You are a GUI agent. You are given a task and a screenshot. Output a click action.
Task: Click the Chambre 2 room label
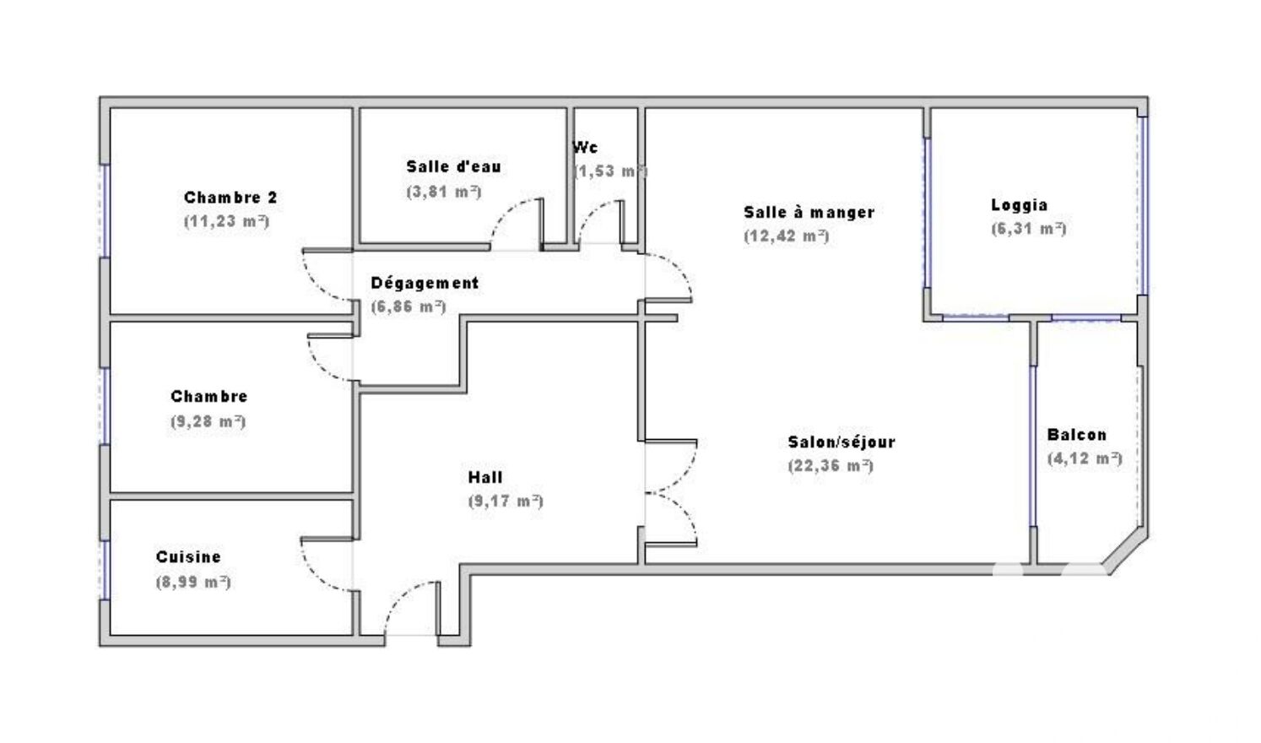point(230,198)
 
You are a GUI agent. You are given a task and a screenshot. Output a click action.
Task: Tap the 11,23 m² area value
point(226,221)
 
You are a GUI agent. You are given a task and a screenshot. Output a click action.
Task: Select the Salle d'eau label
point(453,166)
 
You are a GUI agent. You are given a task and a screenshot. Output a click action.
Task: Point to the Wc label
point(585,148)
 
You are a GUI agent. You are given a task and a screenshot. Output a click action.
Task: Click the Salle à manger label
point(809,213)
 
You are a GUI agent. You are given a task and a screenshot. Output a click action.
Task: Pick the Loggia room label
point(1019,205)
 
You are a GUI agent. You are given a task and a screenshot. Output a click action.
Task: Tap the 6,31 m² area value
point(1029,229)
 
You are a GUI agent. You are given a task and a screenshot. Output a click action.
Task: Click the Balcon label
point(1076,435)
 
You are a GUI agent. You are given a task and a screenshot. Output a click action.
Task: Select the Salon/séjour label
point(841,442)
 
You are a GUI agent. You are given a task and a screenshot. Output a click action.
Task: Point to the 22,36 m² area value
point(831,466)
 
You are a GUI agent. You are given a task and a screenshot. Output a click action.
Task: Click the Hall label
point(484,478)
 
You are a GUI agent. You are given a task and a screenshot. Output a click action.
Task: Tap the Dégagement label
point(425,283)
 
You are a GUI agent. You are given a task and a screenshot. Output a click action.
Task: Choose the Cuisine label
point(188,557)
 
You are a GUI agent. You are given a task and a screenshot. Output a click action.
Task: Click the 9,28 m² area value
point(208,421)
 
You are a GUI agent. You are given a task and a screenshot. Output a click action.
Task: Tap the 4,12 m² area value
point(1085,458)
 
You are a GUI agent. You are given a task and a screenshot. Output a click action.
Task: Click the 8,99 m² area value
point(193,582)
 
